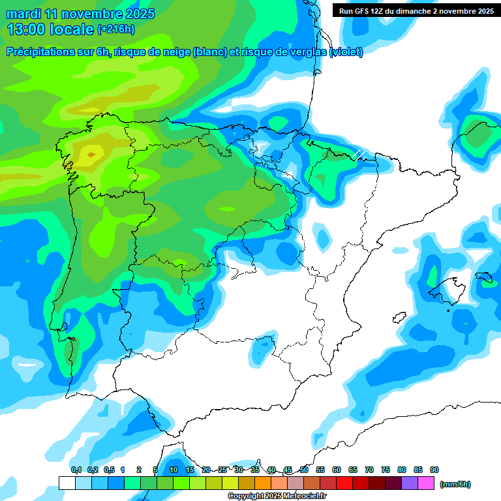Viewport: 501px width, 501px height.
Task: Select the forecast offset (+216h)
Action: tap(115, 29)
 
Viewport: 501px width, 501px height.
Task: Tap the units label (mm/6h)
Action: tap(455, 484)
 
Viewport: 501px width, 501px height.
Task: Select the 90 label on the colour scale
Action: tap(434, 470)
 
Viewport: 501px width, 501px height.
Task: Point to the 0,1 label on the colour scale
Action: tap(76, 470)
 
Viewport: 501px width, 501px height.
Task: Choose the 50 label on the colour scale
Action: tap(304, 470)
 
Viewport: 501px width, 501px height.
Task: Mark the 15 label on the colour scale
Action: tap(190, 470)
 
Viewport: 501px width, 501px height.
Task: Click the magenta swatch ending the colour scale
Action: tap(426, 483)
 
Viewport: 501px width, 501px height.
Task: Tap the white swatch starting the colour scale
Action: tap(67, 483)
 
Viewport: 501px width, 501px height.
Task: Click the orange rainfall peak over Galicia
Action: tap(90, 155)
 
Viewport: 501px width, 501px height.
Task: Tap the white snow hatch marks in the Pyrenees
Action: tap(359, 154)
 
